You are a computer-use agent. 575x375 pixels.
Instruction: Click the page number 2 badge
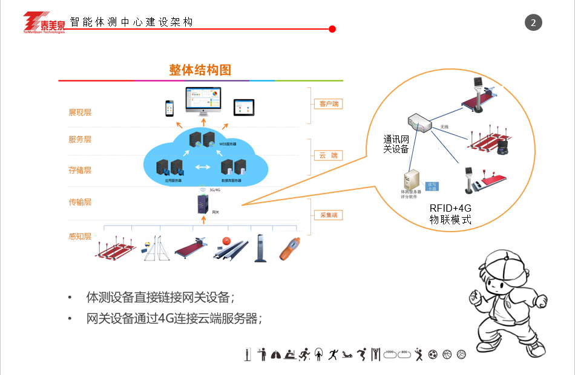[533, 23]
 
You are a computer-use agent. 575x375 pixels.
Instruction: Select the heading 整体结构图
[200, 70]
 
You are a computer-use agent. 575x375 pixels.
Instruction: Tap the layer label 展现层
[80, 112]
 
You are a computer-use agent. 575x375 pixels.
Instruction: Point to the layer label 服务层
[80, 140]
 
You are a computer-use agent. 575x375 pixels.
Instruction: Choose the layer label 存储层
[80, 170]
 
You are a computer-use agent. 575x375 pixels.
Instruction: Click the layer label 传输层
[80, 202]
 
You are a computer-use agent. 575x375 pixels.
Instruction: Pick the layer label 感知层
[80, 236]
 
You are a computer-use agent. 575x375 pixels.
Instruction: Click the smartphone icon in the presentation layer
[170, 108]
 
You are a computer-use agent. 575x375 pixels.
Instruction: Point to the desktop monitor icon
[203, 102]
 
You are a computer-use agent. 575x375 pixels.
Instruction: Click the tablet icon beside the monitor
[243, 107]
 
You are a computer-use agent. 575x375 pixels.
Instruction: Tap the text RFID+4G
[450, 208]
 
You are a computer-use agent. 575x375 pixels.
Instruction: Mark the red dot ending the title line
[332, 28]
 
